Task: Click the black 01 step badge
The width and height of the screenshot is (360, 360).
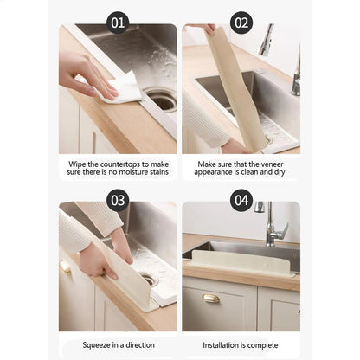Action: [x=119, y=22]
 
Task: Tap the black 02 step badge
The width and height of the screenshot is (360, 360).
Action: [x=241, y=22]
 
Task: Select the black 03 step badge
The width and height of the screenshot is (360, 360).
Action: [x=119, y=201]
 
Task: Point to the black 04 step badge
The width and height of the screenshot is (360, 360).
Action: [x=241, y=201]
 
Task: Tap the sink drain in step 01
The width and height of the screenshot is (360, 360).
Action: [x=162, y=101]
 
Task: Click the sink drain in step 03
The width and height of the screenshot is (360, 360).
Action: [x=149, y=280]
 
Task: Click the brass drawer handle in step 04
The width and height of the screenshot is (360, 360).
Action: [x=210, y=299]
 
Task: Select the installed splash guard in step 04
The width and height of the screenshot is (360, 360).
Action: [x=240, y=258]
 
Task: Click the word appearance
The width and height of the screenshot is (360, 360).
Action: [x=222, y=174]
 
